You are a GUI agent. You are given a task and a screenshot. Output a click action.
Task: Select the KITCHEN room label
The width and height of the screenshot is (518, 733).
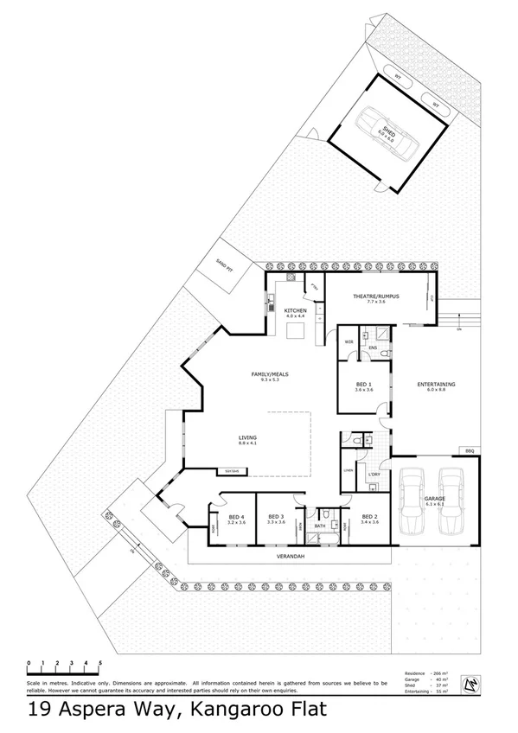[x=296, y=309]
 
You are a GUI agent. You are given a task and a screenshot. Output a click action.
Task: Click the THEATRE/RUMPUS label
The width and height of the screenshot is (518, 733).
[x=374, y=296]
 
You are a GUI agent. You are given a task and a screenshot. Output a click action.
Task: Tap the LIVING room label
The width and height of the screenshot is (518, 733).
[x=248, y=437]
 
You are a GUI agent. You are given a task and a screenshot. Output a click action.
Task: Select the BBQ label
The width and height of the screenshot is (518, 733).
[x=470, y=450]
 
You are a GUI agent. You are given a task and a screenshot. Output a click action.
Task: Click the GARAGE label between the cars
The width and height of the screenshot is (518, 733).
[x=433, y=499]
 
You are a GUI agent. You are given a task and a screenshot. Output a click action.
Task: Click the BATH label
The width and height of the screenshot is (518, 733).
[x=319, y=525]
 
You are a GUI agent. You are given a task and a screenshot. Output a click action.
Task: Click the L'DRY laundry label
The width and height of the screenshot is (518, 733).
[x=374, y=475]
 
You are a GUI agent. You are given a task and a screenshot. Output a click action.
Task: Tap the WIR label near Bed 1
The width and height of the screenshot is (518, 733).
[x=349, y=342]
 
